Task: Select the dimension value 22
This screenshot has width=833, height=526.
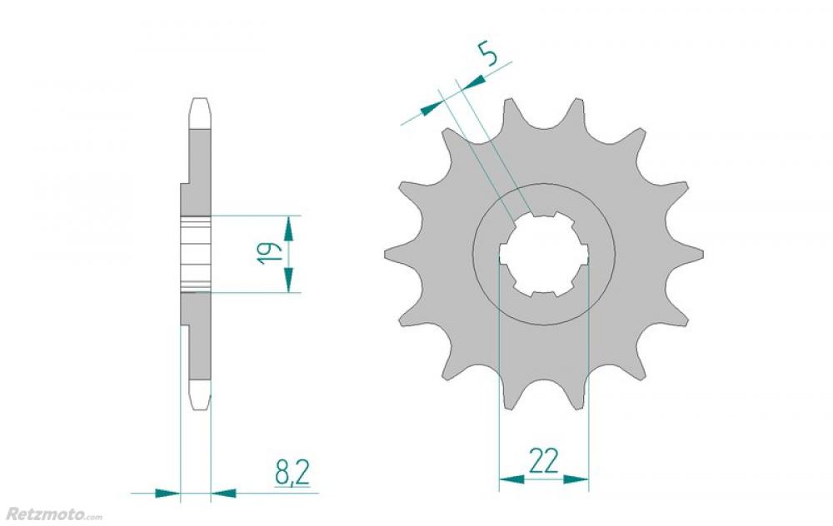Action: (x=544, y=460)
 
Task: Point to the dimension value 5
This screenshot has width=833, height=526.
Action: (x=487, y=55)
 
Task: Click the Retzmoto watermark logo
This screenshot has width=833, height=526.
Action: (x=53, y=514)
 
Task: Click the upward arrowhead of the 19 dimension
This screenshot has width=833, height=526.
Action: (x=288, y=228)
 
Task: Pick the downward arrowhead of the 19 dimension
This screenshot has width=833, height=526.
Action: (x=288, y=280)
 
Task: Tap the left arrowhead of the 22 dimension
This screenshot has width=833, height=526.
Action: (x=511, y=479)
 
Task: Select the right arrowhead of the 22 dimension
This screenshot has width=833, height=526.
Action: (x=576, y=479)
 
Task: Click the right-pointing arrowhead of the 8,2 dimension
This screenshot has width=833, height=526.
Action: (x=168, y=493)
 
